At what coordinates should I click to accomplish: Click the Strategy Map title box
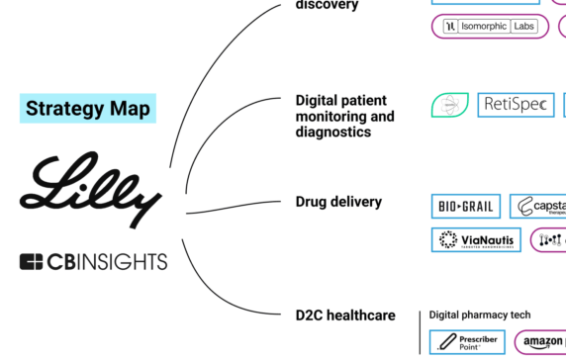click(88, 108)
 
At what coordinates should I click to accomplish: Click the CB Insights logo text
click(109, 262)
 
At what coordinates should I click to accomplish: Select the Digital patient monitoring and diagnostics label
click(344, 116)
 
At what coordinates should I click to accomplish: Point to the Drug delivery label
click(337, 202)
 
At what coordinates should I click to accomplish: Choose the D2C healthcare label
click(345, 315)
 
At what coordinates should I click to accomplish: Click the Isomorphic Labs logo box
click(490, 27)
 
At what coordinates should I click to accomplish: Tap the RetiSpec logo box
click(516, 105)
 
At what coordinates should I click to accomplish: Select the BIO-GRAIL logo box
click(465, 207)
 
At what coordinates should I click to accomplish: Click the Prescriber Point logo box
click(467, 342)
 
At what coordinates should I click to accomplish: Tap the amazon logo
click(542, 343)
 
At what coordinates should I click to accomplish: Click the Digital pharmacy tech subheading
click(479, 315)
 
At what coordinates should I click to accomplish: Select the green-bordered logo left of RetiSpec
click(449, 105)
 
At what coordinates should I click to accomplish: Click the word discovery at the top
click(327, 5)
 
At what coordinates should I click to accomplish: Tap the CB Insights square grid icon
click(33, 262)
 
